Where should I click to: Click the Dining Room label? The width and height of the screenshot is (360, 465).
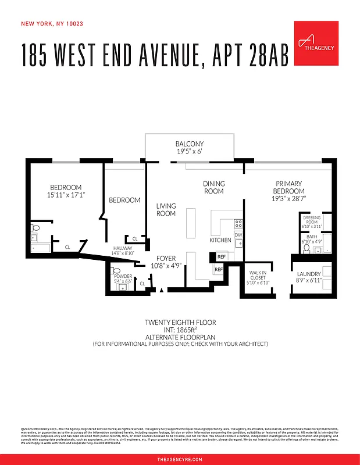[x=213, y=187]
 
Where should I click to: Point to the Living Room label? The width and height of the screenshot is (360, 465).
[x=166, y=209]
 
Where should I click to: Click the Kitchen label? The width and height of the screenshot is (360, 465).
[x=220, y=239]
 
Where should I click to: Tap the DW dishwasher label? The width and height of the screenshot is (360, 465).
[x=238, y=235]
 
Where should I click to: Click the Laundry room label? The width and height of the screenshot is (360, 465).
[x=309, y=277]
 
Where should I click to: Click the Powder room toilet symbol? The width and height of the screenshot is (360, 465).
[x=115, y=271]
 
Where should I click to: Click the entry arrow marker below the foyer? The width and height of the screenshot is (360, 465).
[x=161, y=289]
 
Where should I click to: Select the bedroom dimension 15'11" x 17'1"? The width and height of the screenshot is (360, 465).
[x=66, y=195]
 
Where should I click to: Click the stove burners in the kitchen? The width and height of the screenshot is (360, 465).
[x=238, y=223]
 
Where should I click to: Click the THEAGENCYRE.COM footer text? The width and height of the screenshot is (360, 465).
[x=180, y=459]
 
